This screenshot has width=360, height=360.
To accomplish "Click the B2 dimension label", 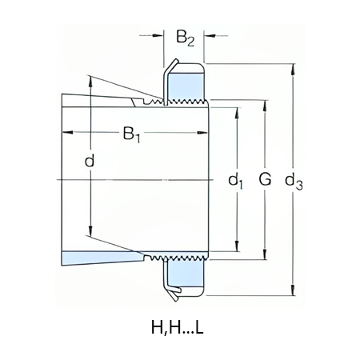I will [x=185, y=38].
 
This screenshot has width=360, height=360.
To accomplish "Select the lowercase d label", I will [x=90, y=162].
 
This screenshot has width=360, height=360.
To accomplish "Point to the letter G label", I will [x=264, y=181].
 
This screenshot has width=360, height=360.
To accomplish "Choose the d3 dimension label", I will [x=294, y=182].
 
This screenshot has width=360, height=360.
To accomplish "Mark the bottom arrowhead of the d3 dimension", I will [x=293, y=295].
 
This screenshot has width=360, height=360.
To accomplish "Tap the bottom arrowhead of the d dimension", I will [x=90, y=234].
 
